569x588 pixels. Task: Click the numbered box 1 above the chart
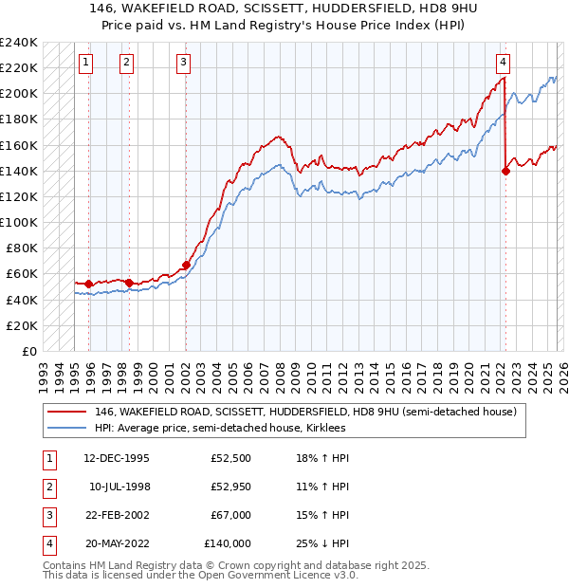tap(86, 64)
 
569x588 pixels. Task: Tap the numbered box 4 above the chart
tap(503, 64)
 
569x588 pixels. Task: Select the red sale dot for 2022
tap(505, 171)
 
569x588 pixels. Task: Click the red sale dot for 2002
tap(186, 265)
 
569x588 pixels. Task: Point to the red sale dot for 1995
tap(89, 284)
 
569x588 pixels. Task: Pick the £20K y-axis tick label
tap(21, 325)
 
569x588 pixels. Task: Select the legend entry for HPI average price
tap(220, 429)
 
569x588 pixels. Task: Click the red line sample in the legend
tap(66, 413)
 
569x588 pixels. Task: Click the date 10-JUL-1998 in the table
tap(120, 487)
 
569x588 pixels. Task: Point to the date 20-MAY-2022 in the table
tap(120, 544)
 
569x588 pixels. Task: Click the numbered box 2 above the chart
tap(127, 64)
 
